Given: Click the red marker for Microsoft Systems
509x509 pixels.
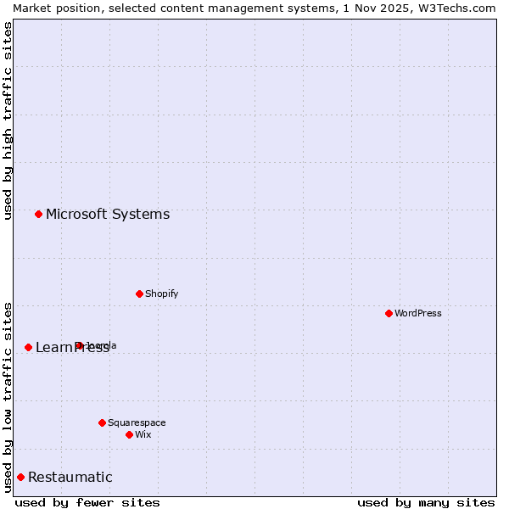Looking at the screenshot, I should (38, 214).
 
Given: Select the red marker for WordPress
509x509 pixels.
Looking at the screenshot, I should (389, 313).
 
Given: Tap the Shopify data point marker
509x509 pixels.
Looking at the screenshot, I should (139, 294).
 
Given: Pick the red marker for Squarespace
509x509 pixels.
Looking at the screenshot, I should (102, 422).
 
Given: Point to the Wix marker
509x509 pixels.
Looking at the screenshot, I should (129, 434).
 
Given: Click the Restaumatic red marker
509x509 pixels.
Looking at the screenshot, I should (20, 477).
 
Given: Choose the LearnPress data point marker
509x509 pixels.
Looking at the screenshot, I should (28, 347).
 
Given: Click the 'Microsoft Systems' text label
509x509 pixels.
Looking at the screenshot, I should (108, 214).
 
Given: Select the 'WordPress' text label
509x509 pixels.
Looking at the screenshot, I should (418, 313).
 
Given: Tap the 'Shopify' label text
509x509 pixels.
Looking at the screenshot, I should (161, 294).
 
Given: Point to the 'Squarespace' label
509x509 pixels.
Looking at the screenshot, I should (137, 422).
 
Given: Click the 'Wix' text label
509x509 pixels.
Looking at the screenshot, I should (143, 434).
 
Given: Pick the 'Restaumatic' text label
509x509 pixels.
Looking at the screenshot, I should (70, 477).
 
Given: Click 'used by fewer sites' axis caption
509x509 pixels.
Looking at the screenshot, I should (87, 502).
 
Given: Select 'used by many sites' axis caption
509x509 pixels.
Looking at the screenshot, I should (426, 502).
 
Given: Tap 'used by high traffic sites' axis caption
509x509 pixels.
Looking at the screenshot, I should (8, 120).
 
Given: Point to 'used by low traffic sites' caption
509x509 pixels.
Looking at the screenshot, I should (8, 396).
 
